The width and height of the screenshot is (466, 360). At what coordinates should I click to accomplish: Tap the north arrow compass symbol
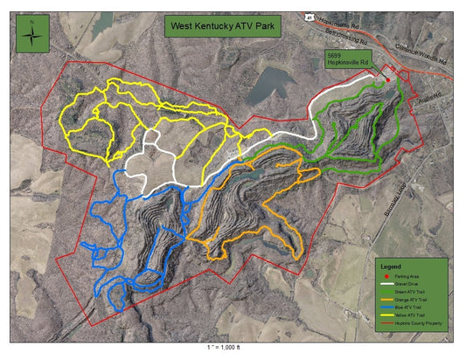[x=34, y=35]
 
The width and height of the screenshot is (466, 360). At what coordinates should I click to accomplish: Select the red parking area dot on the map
[x=388, y=80]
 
